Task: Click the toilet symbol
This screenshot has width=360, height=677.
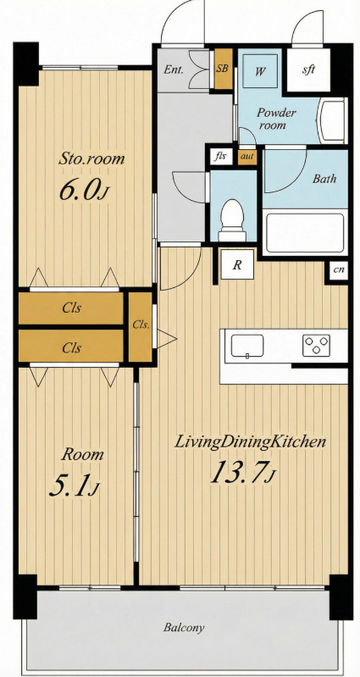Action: click(232, 219)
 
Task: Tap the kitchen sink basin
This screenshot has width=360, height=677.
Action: click(247, 346)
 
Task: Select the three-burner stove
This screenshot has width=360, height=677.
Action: click(316, 346)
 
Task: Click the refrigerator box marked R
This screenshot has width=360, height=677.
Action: click(236, 264)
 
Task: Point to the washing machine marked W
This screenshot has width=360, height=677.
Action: click(259, 72)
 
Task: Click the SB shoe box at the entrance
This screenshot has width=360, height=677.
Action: click(223, 69)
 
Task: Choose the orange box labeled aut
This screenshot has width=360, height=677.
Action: click(247, 156)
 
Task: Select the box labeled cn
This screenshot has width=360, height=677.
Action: click(339, 270)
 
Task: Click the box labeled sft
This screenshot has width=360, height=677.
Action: click(308, 70)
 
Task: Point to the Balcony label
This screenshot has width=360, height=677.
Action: click(184, 627)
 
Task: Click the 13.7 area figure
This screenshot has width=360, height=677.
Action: click(242, 472)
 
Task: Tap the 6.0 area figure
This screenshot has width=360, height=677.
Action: click(82, 191)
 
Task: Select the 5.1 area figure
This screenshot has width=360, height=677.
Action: click(75, 486)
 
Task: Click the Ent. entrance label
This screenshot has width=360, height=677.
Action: click(174, 70)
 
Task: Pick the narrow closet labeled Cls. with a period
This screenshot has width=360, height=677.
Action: click(141, 327)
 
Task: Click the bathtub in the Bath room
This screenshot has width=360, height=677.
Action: click(305, 233)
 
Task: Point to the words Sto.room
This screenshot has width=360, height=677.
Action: click(91, 158)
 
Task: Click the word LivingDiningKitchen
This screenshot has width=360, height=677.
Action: click(250, 442)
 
